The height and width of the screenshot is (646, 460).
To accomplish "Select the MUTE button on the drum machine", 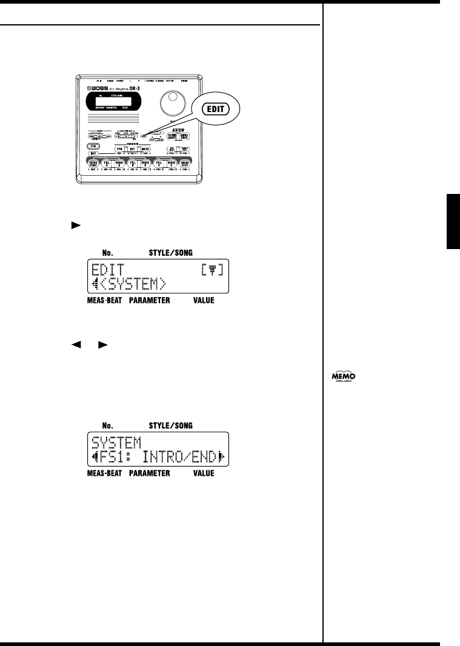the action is click(x=145, y=148).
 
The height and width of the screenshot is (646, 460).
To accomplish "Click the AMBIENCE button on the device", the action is click(x=184, y=136).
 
